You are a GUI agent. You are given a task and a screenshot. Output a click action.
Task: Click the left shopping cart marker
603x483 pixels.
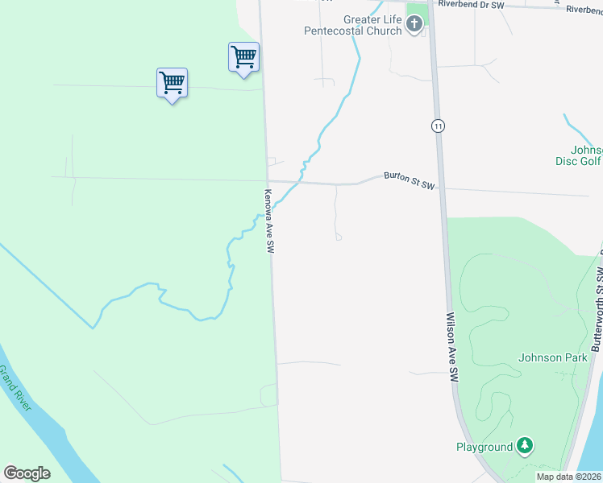tap(172, 82)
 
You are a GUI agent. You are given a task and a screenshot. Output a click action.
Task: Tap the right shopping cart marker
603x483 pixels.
tap(243, 56)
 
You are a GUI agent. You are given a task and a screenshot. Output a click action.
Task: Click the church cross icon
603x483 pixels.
tap(414, 25)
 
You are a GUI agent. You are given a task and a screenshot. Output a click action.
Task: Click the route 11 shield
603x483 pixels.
tap(437, 126)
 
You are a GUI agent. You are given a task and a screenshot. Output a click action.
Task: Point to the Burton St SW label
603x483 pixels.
tap(409, 180)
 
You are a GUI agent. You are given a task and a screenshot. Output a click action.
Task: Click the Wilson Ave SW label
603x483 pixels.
tap(452, 348)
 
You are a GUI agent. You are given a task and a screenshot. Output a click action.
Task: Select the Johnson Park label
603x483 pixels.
tap(552, 357)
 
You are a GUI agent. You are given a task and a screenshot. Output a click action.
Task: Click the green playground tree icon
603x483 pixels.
tap(525, 445)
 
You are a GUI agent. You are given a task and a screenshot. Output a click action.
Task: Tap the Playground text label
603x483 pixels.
tap(484, 447)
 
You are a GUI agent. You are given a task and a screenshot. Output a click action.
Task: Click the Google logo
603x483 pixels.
tap(27, 473)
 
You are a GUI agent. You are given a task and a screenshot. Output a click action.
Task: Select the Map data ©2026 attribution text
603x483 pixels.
tap(568, 477)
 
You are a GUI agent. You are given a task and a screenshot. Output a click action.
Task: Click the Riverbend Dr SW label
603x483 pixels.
tap(470, 5)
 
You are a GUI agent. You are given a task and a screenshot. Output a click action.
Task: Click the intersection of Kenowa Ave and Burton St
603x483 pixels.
tap(268, 181)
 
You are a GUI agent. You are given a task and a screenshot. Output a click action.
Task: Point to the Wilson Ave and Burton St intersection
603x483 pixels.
tap(440, 188)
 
